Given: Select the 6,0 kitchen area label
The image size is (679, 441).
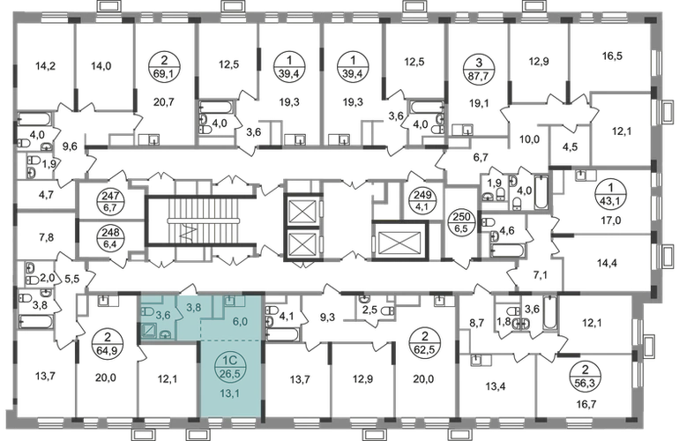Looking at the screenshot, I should [239, 322].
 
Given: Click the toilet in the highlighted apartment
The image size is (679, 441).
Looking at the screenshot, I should [165, 333].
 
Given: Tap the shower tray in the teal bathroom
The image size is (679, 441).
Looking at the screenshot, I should [151, 333].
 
